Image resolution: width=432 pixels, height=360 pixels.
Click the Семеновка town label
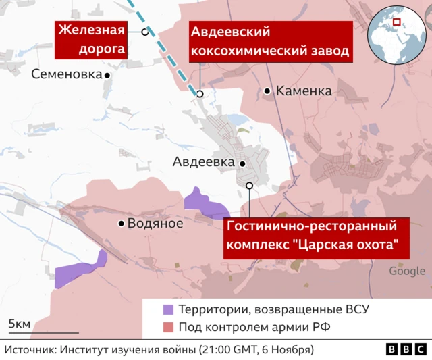[65, 75]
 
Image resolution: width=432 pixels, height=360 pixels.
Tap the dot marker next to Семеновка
[107, 76]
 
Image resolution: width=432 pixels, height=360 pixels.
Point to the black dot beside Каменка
[267, 91]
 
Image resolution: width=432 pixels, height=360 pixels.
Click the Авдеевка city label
[203, 162]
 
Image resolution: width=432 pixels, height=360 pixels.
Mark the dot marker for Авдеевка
[242, 163]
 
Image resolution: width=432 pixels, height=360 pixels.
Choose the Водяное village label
[156, 224]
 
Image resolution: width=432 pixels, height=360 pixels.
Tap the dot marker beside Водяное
[122, 224]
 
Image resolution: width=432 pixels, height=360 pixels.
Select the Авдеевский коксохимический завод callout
[269, 42]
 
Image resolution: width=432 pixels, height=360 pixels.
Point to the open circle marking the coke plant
[200, 94]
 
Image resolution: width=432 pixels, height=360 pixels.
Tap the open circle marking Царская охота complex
[249, 186]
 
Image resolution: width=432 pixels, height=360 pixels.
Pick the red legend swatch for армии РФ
[168, 328]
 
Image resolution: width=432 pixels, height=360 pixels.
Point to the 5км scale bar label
[19, 324]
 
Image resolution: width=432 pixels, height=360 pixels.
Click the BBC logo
[406, 349]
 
